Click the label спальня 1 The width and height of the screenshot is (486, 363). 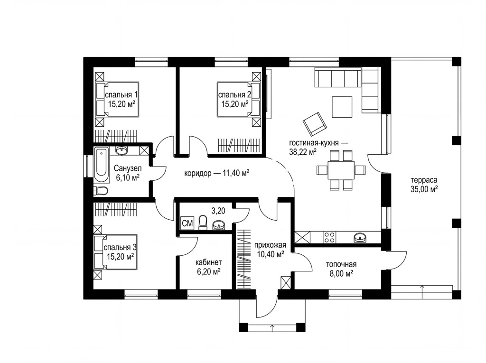pyautogui.click(x=121, y=94)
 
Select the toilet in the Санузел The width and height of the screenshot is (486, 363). pyautogui.click(x=101, y=191)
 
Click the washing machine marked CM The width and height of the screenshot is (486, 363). pyautogui.click(x=187, y=223)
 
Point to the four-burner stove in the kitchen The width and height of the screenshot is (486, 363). pyautogui.click(x=329, y=237)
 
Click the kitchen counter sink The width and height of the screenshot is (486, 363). pyautogui.click(x=360, y=237)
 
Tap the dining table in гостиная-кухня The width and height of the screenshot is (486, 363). pyautogui.click(x=341, y=170)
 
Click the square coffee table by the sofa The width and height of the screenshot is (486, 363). pyautogui.click(x=342, y=107)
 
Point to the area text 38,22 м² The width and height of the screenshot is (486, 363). pyautogui.click(x=303, y=152)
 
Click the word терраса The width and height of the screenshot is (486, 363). pyautogui.click(x=424, y=180)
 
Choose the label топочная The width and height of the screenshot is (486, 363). pyautogui.click(x=341, y=264)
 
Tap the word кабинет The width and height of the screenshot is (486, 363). pyautogui.click(x=209, y=262)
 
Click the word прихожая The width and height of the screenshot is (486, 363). pyautogui.click(x=270, y=245)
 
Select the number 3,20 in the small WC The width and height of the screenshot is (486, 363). pyautogui.click(x=218, y=211)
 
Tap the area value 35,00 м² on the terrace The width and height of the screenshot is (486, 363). pyautogui.click(x=424, y=189)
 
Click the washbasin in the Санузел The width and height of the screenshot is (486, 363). pyautogui.click(x=121, y=150)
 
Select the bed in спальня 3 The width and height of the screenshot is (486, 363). pyautogui.click(x=115, y=252)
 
